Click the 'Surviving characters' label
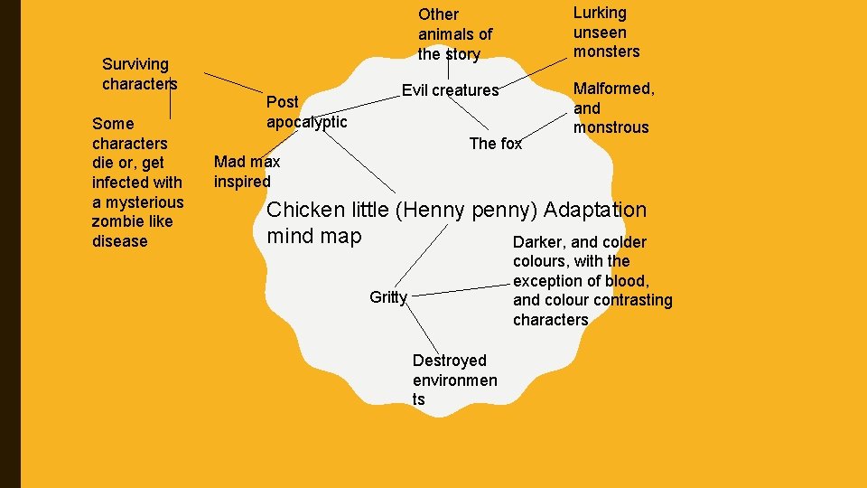[139, 74]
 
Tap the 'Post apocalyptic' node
[306, 112]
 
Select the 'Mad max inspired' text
[247, 172]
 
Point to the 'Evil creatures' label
[450, 90]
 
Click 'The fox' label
[495, 144]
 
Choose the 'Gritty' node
[388, 297]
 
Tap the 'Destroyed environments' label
[454, 380]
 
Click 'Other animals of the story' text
[455, 34]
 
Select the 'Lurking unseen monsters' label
[606, 32]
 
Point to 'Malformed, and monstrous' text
[614, 108]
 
